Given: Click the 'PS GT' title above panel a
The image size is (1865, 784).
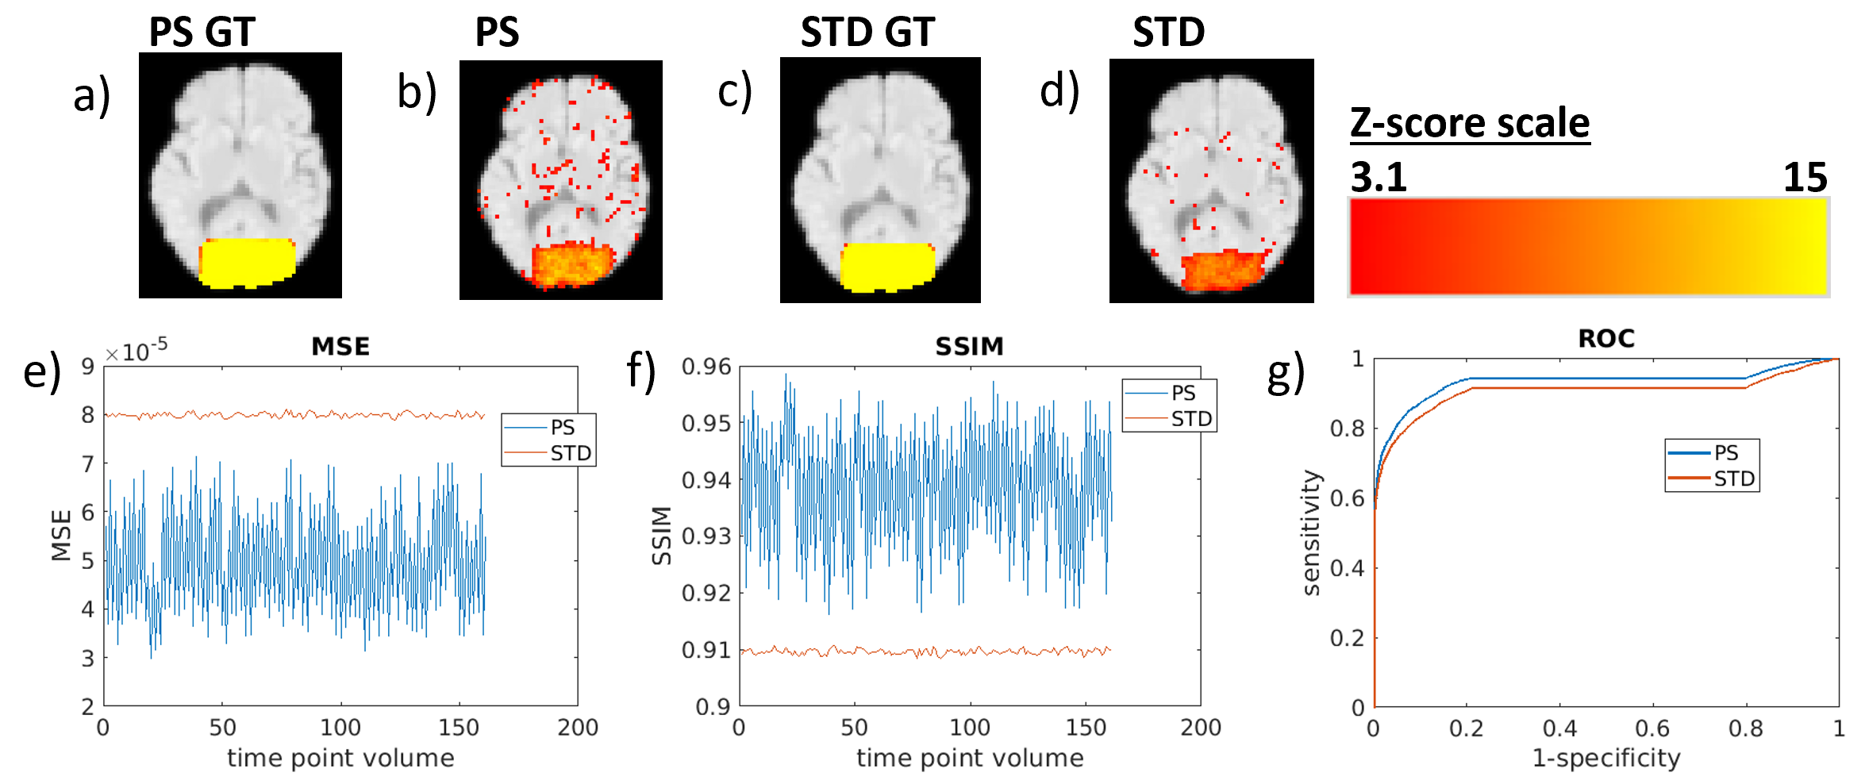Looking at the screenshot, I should pyautogui.click(x=202, y=33).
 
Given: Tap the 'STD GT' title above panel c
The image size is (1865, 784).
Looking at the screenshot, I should pyautogui.click(x=867, y=33).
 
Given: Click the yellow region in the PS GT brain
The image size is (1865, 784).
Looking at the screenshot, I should pyautogui.click(x=247, y=262).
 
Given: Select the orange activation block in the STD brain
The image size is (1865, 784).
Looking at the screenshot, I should pyautogui.click(x=1223, y=270).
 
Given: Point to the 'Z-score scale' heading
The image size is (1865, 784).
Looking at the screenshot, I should pyautogui.click(x=1470, y=124).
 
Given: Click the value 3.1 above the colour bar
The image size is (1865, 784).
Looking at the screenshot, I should pyautogui.click(x=1379, y=177).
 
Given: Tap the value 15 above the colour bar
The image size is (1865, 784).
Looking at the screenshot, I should pyautogui.click(x=1805, y=177).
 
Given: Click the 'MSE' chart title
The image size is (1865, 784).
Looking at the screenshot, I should pyautogui.click(x=340, y=347).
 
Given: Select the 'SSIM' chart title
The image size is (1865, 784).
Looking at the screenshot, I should pyautogui.click(x=969, y=347).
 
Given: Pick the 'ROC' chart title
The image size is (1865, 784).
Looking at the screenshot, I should pyautogui.click(x=1606, y=339).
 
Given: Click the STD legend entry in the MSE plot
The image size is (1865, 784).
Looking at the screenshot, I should pyautogui.click(x=570, y=453).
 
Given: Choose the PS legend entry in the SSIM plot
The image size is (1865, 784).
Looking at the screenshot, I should pyautogui.click(x=1182, y=393).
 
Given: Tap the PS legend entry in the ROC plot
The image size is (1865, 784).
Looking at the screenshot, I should pyautogui.click(x=1725, y=452).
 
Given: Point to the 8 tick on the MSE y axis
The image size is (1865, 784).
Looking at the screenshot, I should pyautogui.click(x=87, y=415).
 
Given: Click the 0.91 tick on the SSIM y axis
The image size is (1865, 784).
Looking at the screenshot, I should pyautogui.click(x=706, y=650).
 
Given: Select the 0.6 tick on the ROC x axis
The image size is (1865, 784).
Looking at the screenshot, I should pyautogui.click(x=1653, y=728).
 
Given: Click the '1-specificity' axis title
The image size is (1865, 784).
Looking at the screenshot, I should pyautogui.click(x=1605, y=759).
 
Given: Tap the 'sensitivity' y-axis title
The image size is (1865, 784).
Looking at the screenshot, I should pyautogui.click(x=1311, y=532).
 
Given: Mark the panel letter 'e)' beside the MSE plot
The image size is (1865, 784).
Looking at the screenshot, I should pyautogui.click(x=41, y=371).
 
